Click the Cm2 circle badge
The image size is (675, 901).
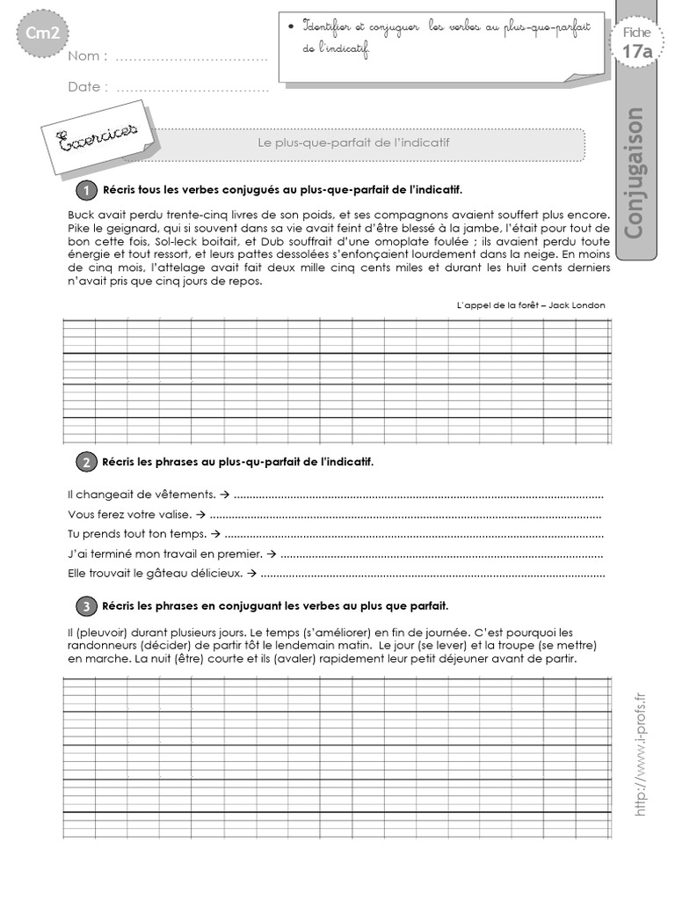point(37,35)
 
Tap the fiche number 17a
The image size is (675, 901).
point(637,52)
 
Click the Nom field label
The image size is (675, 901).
point(88,57)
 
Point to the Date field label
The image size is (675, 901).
point(88,87)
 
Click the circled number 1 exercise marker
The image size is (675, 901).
point(86,190)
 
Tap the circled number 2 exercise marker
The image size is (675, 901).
point(86,462)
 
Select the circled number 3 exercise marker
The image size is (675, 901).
point(86,606)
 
